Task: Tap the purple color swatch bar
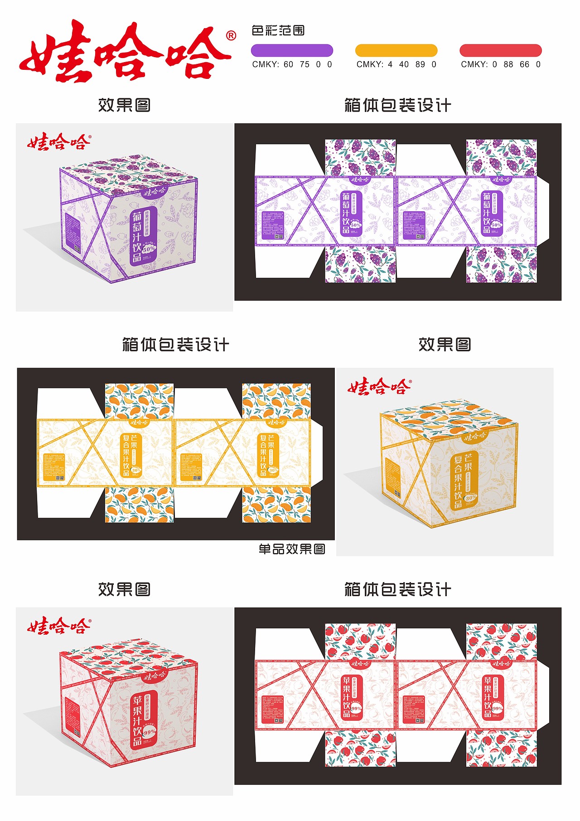pyautogui.click(x=292, y=50)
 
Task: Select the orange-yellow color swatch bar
pyautogui.click(x=396, y=50)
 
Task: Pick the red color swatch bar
pyautogui.click(x=500, y=50)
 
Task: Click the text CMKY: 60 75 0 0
pyautogui.click(x=292, y=64)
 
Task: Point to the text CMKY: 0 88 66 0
pyautogui.click(x=500, y=64)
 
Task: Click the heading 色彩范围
pyautogui.click(x=278, y=31)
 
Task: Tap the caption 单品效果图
pyautogui.click(x=292, y=549)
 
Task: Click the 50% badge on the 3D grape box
pyautogui.click(x=149, y=249)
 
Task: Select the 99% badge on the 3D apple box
pyautogui.click(x=149, y=732)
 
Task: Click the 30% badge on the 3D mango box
pyautogui.click(x=470, y=497)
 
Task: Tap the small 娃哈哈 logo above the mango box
pyautogui.click(x=380, y=387)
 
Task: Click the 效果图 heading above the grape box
pyautogui.click(x=124, y=105)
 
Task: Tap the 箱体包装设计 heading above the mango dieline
pyautogui.click(x=175, y=345)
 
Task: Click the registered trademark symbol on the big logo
pyautogui.click(x=231, y=36)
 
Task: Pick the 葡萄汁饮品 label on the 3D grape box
pyautogui.click(x=137, y=236)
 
